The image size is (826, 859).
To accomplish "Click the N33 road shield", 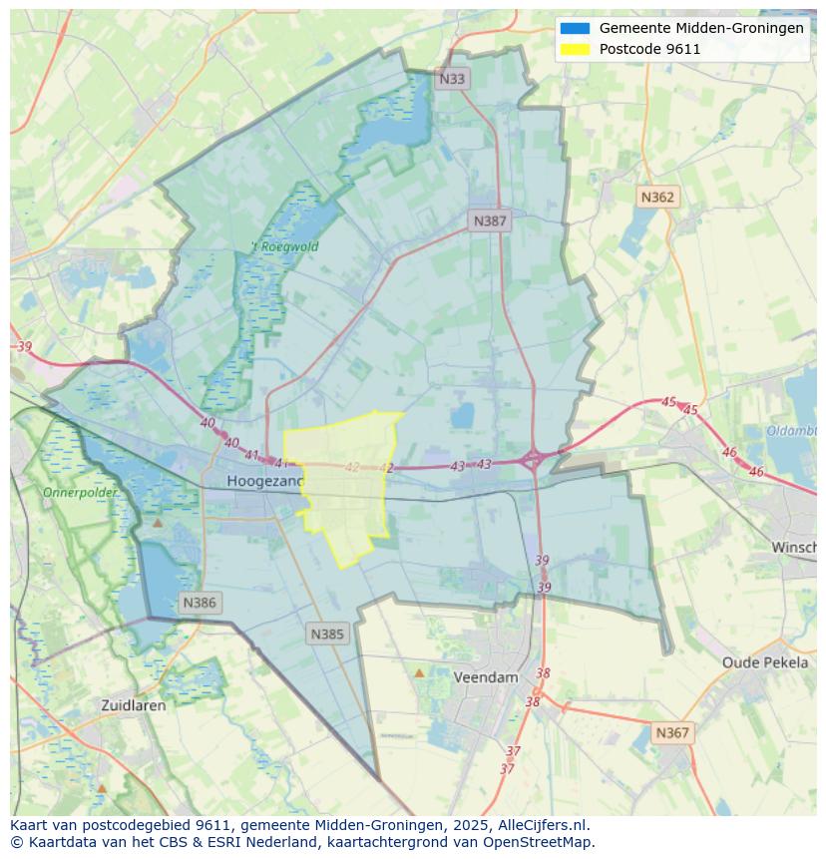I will (452, 78).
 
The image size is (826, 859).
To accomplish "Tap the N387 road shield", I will (490, 220).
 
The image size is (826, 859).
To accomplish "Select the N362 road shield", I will (656, 197).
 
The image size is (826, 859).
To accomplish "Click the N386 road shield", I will (200, 603).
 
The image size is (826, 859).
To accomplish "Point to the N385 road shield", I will (327, 634).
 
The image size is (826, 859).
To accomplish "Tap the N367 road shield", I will (671, 732).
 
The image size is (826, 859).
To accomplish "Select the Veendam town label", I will (486, 676).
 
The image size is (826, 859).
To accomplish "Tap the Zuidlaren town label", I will (134, 704).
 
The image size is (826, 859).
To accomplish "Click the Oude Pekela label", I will (765, 662).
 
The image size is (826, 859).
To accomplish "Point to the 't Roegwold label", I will (284, 246).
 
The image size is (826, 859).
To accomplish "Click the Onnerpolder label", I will (79, 493).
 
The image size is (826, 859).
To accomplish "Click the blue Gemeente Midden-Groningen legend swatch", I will (575, 28).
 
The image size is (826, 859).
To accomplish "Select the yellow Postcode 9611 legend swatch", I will (575, 49).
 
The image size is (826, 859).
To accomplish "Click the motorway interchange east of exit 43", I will (533, 460).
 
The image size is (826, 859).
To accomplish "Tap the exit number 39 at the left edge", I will (25, 347).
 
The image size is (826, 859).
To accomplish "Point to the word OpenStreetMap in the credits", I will (540, 842).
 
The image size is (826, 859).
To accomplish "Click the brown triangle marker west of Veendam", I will (419, 673).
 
